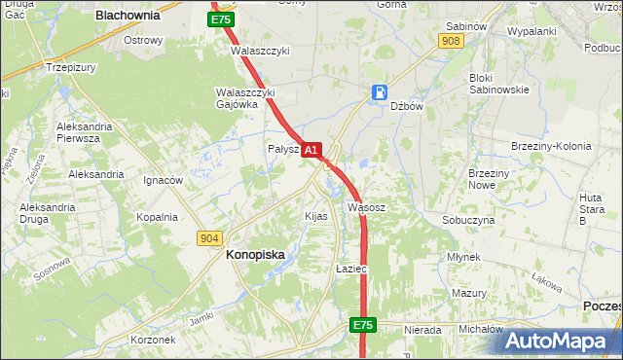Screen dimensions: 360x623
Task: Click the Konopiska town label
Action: pos(255,254)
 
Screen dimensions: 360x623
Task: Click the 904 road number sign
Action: pos(209,237)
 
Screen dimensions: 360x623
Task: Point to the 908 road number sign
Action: pos(450,41)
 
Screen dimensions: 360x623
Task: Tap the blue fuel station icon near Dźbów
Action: pos(379,93)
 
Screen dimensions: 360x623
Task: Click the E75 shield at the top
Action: pos(221,19)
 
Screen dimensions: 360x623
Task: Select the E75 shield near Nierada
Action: pos(363,324)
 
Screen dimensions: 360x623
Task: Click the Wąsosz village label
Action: pos(366,207)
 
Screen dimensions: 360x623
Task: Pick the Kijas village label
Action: pos(316,216)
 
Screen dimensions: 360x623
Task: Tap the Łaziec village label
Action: pos(349,268)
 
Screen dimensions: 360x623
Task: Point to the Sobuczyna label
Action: pos(468,220)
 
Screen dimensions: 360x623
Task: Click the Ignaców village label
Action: pos(163,180)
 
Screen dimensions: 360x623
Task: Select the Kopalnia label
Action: pos(157,217)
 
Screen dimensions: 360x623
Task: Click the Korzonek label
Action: pos(153,340)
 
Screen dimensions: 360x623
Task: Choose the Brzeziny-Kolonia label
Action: pos(551,146)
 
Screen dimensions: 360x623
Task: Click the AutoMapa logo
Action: pos(563,341)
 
